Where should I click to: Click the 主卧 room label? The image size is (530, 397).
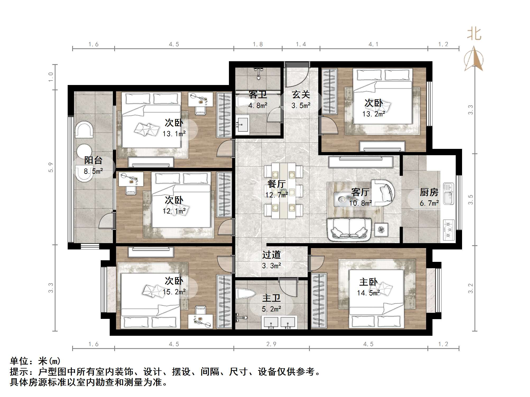(x=368, y=282)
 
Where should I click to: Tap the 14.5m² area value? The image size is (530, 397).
(x=368, y=293)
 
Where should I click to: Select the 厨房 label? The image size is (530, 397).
(x=429, y=192)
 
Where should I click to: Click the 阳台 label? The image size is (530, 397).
(x=93, y=160)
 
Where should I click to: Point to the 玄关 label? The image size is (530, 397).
(x=301, y=94)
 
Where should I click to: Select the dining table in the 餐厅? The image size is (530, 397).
(x=284, y=190)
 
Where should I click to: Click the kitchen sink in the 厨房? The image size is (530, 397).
(x=448, y=194)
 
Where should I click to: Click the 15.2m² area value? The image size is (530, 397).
(x=174, y=292)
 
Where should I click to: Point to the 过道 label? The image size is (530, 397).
(x=271, y=255)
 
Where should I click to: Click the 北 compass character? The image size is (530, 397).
(x=474, y=34)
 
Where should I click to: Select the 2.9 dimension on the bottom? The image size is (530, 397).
(x=271, y=344)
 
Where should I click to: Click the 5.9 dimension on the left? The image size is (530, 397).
(x=51, y=167)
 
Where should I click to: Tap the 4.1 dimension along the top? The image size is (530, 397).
(x=374, y=44)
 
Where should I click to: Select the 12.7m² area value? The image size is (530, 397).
(x=277, y=195)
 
